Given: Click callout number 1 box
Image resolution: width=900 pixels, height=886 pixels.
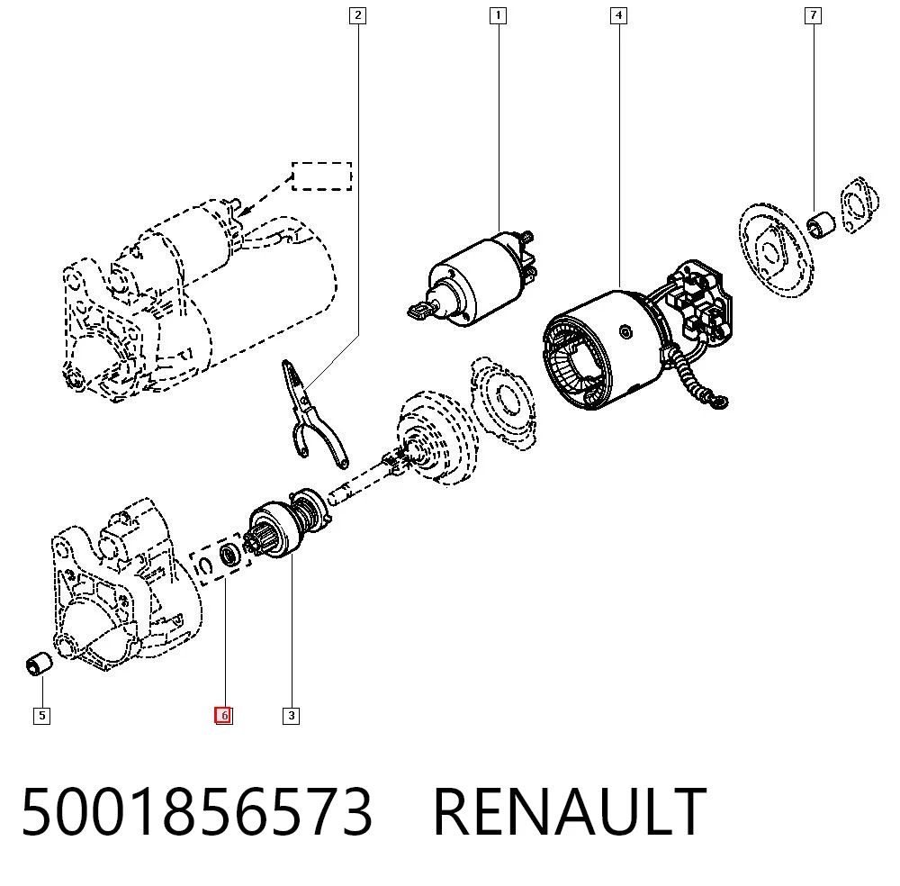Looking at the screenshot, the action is [498, 15].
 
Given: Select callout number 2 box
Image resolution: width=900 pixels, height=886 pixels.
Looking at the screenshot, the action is [357, 15].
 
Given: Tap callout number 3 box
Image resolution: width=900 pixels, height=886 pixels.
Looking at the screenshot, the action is [291, 716].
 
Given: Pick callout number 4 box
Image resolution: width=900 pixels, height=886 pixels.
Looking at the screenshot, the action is [618, 15].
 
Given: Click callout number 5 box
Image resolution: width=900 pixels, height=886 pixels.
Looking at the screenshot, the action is [41, 716].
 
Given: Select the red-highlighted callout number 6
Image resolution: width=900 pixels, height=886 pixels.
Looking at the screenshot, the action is [224, 716].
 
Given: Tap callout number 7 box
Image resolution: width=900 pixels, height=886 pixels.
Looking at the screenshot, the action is [813, 15].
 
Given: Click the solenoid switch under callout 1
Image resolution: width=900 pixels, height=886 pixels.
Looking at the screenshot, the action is [473, 278].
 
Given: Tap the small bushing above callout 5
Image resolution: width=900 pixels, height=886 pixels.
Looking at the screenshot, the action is [39, 664].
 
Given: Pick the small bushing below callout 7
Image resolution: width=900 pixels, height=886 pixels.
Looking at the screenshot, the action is [822, 224].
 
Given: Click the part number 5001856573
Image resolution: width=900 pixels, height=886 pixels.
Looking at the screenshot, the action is [197, 812].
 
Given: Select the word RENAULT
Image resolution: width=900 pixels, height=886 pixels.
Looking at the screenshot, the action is [570, 812].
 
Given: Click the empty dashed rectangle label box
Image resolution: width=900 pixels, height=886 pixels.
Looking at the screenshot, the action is [322, 176].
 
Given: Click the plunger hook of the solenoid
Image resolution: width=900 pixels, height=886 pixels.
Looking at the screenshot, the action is [420, 311].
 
